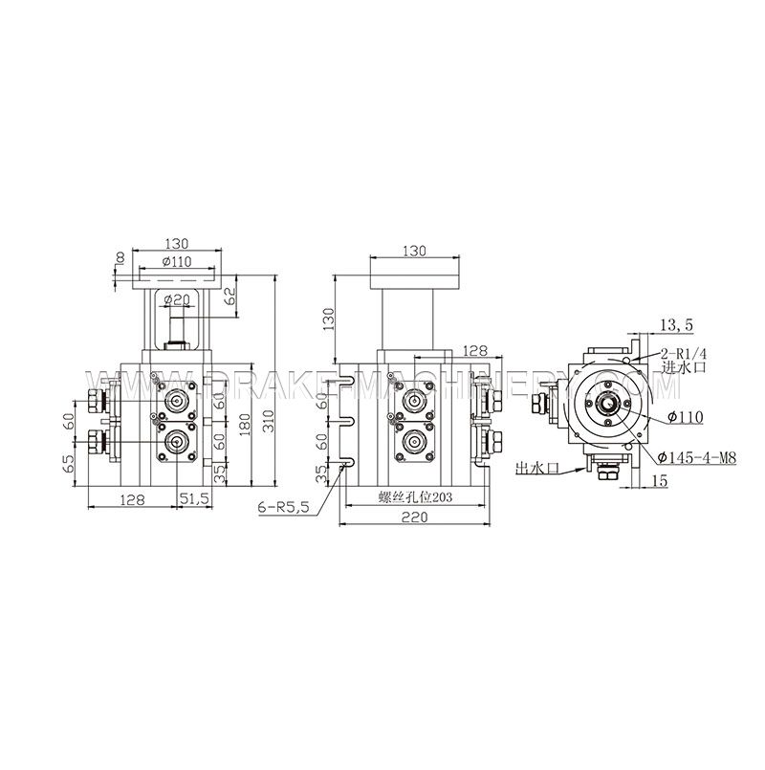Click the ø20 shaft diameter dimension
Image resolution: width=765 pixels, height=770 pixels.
[178, 299]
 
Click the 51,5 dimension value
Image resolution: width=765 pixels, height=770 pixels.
[195, 498]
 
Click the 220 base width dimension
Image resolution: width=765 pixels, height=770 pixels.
[413, 517]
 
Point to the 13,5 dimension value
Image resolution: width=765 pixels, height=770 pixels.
[676, 326]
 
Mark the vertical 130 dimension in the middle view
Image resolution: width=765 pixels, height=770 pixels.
[326, 318]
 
